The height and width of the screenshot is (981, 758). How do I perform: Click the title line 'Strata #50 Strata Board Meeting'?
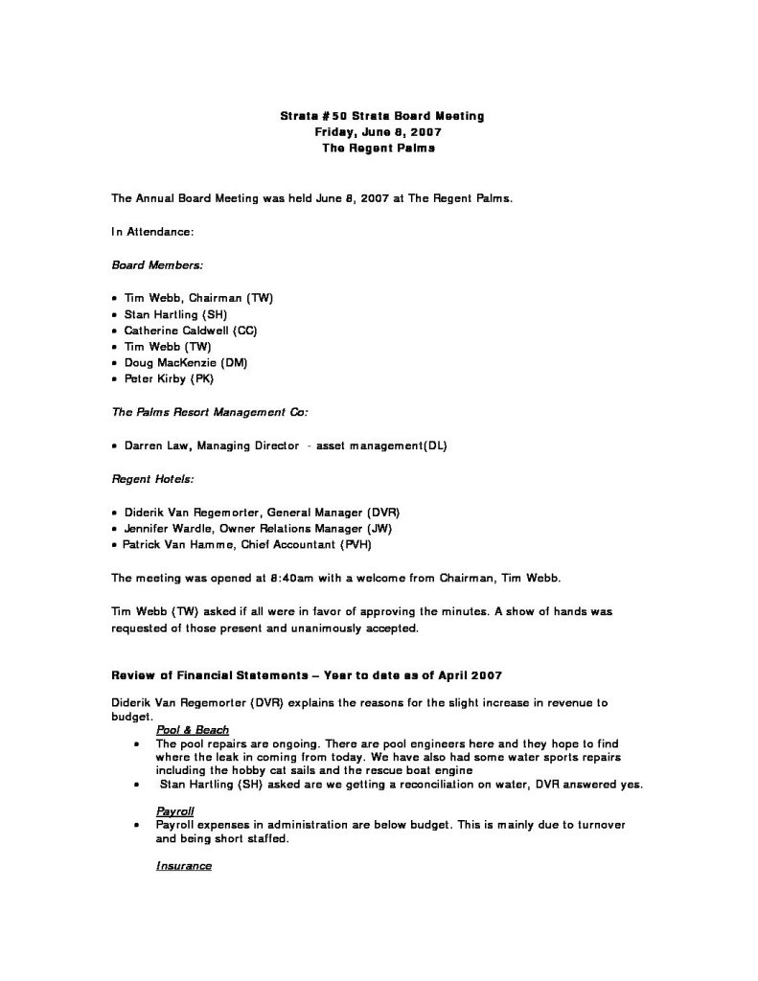(381, 117)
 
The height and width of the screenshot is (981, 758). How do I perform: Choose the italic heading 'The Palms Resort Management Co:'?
(210, 412)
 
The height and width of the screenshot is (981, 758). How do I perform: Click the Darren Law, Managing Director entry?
(285, 445)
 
